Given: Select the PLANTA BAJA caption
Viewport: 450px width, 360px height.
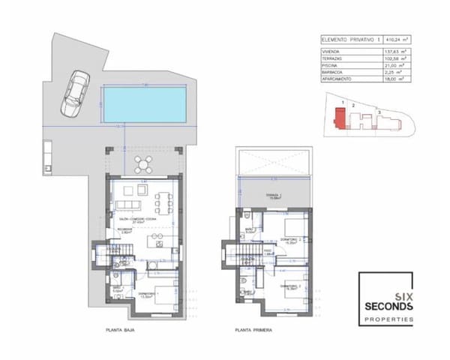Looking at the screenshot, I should click(x=123, y=329).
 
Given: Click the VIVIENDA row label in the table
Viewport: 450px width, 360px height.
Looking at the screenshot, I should click(x=334, y=50).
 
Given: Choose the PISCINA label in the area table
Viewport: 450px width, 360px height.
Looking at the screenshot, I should click(x=332, y=64).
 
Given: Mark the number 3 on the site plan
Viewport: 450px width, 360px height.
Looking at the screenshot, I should click(x=379, y=112).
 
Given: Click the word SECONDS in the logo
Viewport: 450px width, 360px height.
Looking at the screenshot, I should click(x=388, y=307).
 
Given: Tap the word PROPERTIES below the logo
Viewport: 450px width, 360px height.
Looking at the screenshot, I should click(x=388, y=319).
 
